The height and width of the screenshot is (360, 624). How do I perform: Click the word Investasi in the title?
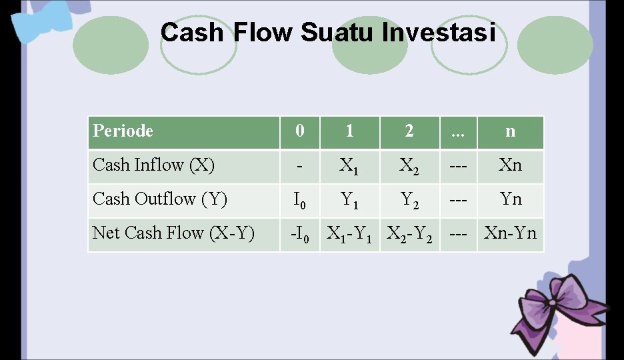pos(439,33)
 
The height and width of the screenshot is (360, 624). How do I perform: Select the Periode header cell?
pos(183,131)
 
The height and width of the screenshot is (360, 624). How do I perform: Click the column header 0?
pos(299,131)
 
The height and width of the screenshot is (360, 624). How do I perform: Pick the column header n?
pos(510,131)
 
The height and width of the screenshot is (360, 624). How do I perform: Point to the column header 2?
pos(409,131)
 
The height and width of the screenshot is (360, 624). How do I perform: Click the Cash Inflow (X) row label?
pos(183,165)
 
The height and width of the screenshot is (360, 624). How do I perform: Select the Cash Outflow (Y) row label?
pos(183,199)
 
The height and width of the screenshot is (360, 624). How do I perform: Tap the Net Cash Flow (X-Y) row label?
pos(183,233)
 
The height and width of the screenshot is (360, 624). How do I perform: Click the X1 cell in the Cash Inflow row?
pos(349,166)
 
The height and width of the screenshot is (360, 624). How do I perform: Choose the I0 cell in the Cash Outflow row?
pos(299,200)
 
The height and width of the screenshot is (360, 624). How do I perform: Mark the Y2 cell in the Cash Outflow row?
pos(409,200)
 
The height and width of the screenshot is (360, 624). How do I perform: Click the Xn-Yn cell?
pos(510,233)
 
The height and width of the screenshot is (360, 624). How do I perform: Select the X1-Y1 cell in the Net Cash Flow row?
pos(349,234)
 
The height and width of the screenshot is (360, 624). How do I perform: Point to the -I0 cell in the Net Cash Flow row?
pos(299,234)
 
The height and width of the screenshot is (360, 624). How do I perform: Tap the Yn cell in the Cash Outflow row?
pos(510,199)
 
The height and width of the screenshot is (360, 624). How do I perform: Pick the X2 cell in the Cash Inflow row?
pos(409,166)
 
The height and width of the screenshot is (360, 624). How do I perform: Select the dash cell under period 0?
pos(299,165)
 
